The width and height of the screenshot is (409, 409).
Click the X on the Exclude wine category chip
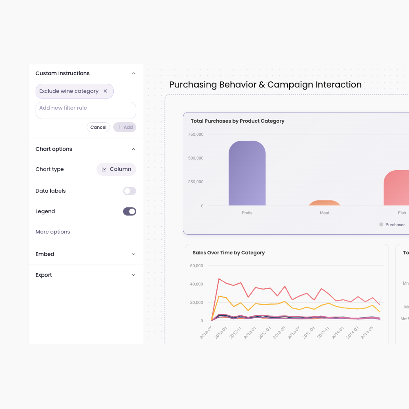(x=105, y=91)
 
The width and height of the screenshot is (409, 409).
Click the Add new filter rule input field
(x=85, y=110)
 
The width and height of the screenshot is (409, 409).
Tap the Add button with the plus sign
(x=125, y=127)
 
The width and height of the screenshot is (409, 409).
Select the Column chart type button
(x=116, y=169)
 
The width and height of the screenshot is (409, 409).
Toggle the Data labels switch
(x=129, y=191)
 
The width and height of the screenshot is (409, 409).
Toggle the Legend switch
(x=129, y=211)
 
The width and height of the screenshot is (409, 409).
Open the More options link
(x=53, y=232)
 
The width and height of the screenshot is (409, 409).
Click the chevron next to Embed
(x=133, y=254)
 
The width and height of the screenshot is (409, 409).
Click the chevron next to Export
(x=133, y=275)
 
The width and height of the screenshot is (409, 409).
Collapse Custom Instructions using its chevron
(x=133, y=74)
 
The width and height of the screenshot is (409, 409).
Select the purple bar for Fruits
(x=247, y=174)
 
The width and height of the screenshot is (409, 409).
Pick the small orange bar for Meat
(x=324, y=203)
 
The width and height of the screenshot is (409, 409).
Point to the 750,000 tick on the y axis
(x=196, y=135)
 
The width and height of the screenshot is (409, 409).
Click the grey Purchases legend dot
(x=381, y=225)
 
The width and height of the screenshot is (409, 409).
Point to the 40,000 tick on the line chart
(x=196, y=284)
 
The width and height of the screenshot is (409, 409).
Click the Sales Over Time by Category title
(x=229, y=253)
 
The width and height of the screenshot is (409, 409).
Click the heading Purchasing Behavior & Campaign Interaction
(x=265, y=85)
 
